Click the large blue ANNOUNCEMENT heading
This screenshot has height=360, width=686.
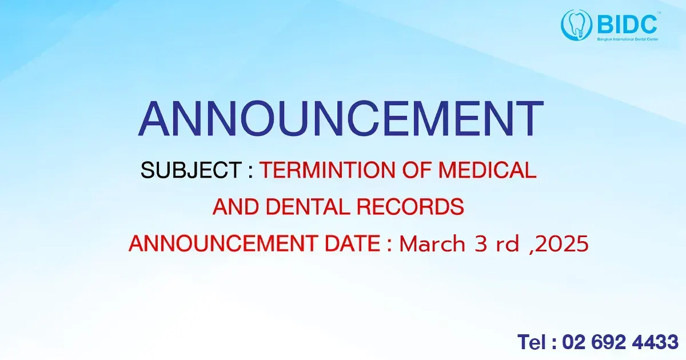pos(341,118)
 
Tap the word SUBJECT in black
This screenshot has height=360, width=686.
pos(191,170)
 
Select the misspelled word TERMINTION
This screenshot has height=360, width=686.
pos(328,170)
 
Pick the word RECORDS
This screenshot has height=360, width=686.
pos(410,207)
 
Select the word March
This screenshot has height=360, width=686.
pos(432,244)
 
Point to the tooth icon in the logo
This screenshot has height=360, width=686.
pos(576,25)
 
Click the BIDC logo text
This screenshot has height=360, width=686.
pos(627,25)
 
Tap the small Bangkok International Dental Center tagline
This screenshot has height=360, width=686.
pos(628,39)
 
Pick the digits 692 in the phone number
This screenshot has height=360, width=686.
pos(608,342)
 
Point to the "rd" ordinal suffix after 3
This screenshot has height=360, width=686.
pos(508,244)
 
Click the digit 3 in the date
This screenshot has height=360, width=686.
pos(481,244)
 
